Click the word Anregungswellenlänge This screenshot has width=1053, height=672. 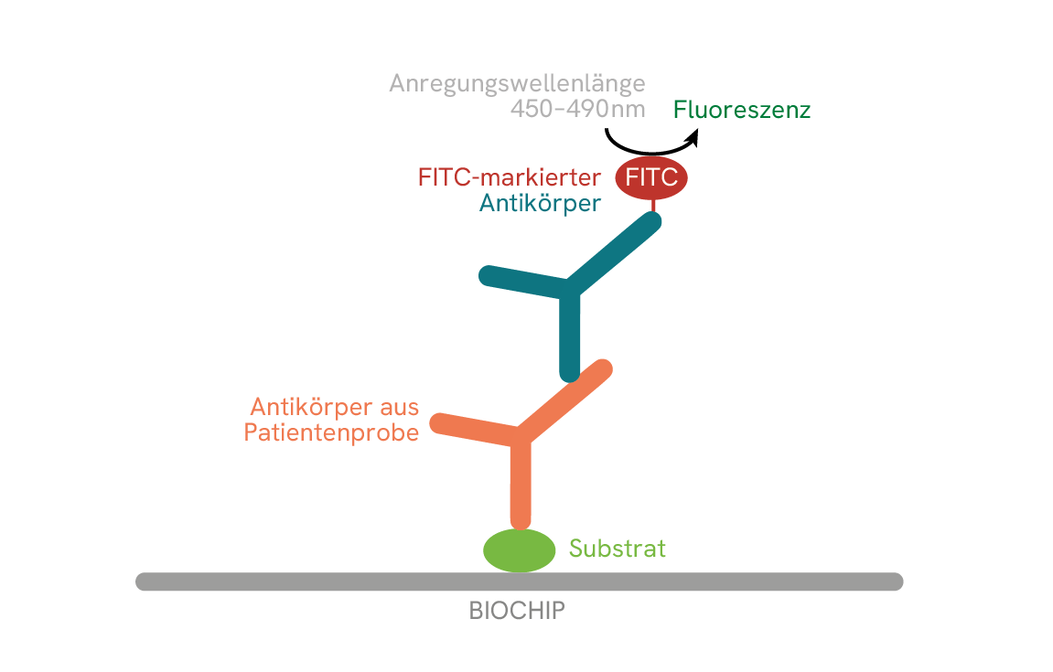pos(517,84)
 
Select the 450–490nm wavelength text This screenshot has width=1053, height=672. pos(577,110)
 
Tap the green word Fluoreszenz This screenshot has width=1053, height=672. pos(742,111)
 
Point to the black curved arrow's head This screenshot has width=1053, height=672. pos(693,137)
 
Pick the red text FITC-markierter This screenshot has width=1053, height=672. pos(510,176)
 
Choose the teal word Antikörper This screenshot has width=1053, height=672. pos(541,203)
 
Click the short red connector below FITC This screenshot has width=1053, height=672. pos(652,206)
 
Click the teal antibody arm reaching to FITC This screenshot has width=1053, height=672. pos(613,253)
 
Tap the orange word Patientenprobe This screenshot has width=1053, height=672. pos(331,432)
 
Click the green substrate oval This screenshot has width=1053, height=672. pos(520,550)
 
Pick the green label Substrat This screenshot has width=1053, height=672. pos(618,549)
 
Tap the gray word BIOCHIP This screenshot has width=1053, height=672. pos(517,611)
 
